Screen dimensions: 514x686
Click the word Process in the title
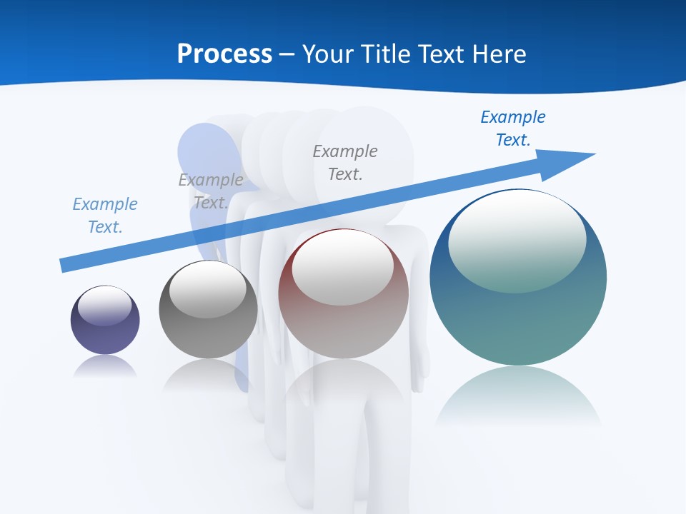[224, 54]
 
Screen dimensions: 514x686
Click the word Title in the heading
[384, 54]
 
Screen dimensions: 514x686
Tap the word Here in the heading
[498, 54]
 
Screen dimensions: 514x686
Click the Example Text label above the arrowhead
[512, 128]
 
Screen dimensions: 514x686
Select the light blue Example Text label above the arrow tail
[105, 216]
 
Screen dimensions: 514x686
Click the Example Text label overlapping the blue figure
[211, 191]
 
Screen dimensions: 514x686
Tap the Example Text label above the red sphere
[345, 162]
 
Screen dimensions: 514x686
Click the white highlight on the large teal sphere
[517, 241]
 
